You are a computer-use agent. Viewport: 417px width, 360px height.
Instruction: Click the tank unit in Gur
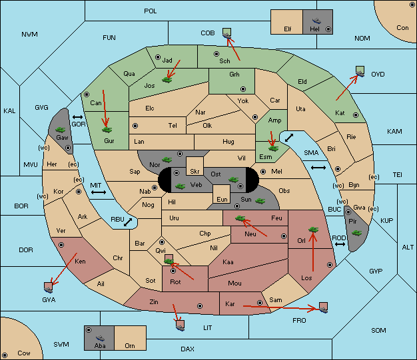[107, 130]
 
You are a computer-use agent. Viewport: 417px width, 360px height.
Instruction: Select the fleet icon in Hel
[316, 21]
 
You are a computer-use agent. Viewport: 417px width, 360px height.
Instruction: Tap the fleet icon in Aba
[100, 337]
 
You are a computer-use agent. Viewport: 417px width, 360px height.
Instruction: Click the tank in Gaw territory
[61, 130]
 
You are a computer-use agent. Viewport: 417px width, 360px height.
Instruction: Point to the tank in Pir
[356, 233]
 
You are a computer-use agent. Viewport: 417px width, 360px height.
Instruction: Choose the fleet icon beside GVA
[49, 287]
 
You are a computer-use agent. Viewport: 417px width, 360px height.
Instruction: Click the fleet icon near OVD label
[360, 72]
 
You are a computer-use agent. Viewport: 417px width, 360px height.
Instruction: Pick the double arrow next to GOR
[78, 117]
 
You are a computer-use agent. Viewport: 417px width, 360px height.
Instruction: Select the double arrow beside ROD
[340, 244]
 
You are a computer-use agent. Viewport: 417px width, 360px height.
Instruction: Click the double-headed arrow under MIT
[99, 192]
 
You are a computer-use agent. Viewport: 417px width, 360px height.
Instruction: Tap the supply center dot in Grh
[243, 89]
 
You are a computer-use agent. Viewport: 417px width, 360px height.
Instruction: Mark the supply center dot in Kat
[356, 115]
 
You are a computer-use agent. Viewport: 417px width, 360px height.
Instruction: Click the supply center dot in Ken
[61, 245]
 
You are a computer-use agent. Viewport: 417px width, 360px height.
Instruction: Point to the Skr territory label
[195, 172]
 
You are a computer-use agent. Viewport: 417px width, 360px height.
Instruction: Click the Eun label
[222, 199]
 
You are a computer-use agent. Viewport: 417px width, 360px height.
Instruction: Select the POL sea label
[151, 11]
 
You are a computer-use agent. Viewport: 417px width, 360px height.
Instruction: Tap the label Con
[402, 28]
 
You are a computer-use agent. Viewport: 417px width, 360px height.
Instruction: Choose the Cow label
[24, 353]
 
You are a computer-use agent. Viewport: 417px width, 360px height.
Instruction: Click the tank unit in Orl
[313, 230]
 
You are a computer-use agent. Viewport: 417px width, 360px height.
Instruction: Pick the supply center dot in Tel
[135, 125]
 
